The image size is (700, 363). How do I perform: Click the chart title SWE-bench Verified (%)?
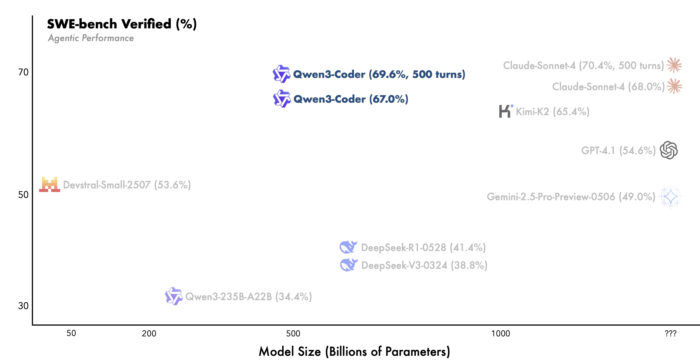[122, 24]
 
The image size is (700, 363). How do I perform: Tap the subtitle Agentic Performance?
[91, 38]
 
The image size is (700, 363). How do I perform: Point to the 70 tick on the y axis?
[23, 72]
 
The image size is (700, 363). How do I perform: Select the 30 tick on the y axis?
[23, 306]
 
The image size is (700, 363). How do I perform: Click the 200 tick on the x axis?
[149, 333]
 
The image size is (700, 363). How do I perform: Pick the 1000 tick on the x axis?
[501, 333]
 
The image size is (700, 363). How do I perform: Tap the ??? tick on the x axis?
[670, 333]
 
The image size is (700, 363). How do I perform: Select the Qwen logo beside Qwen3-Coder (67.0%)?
[282, 99]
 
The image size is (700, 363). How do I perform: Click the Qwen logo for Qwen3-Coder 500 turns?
[282, 74]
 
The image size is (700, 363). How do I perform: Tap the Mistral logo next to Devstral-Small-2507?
[50, 185]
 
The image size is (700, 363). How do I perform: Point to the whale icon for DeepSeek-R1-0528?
[348, 247]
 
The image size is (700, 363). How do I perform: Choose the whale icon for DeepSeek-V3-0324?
[348, 265]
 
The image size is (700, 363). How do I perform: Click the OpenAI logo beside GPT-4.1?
[669, 150]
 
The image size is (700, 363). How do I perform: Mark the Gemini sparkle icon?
[671, 196]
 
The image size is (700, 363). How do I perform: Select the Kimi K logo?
[505, 111]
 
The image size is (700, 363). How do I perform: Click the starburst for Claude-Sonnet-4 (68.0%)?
[674, 86]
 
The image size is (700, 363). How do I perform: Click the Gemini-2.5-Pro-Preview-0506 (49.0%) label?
[571, 197]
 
